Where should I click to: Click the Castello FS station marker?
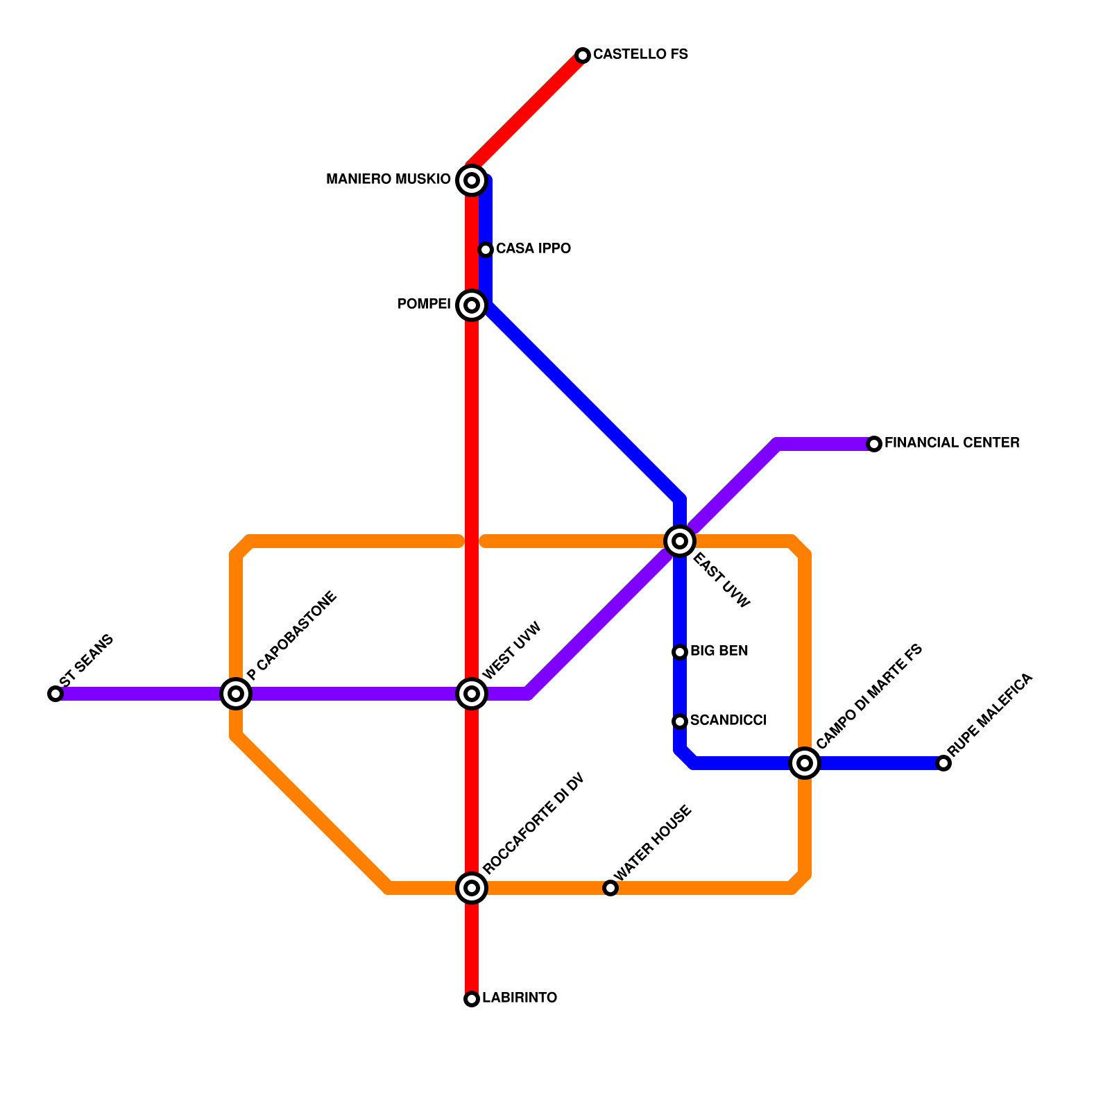click(583, 55)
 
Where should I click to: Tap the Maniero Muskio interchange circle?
click(472, 180)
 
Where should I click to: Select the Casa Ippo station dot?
click(486, 250)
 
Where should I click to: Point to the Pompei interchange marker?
click(472, 305)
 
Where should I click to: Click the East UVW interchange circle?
click(680, 541)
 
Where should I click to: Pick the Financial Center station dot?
click(874, 444)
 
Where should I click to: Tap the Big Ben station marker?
click(680, 652)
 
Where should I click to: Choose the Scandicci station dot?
click(680, 721)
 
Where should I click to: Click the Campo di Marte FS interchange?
click(805, 763)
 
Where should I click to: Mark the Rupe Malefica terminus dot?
click(943, 763)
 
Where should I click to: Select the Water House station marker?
click(610, 888)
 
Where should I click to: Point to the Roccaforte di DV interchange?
click(472, 888)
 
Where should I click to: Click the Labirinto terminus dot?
click(472, 999)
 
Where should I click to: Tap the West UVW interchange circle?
click(472, 694)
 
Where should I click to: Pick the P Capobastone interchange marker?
click(236, 694)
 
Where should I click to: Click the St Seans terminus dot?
click(55, 694)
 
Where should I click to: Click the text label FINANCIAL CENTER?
click(952, 443)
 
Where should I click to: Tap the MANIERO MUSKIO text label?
click(388, 180)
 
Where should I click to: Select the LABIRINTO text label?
click(520, 998)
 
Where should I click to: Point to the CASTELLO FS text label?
click(640, 54)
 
